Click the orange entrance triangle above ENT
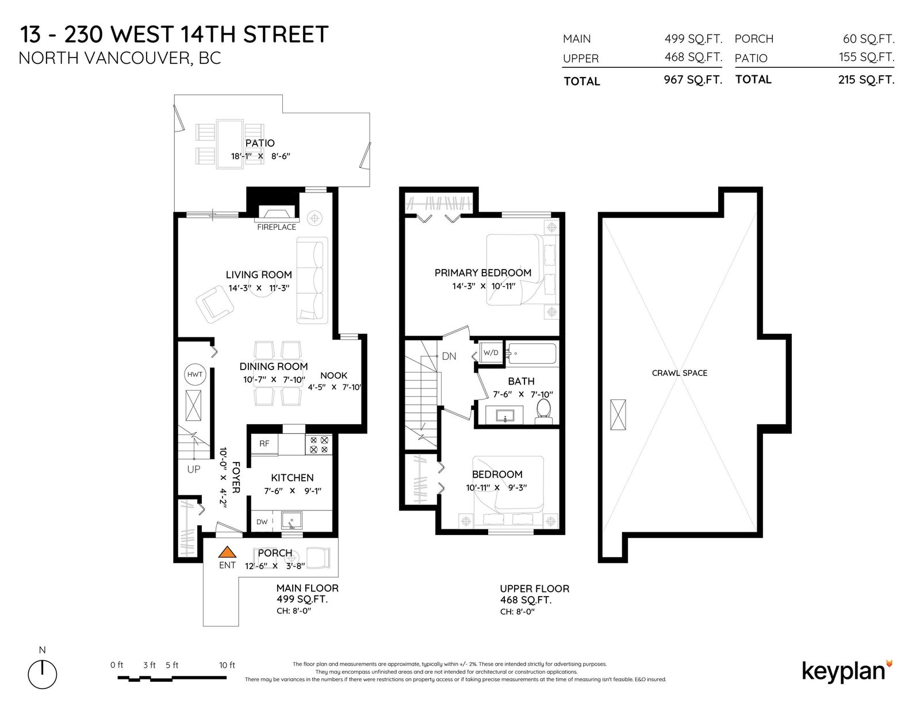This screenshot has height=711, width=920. [x=227, y=552]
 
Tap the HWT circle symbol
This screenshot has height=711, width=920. [x=195, y=375]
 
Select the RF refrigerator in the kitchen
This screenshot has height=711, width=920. [x=264, y=444]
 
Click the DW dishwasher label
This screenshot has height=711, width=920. [x=262, y=522]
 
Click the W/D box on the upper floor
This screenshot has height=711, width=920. [x=490, y=352]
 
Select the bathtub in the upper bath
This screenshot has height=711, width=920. [x=532, y=353]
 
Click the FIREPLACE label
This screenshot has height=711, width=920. [x=277, y=227]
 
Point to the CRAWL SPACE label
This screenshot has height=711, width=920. [x=680, y=373]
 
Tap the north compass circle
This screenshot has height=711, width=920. [x=43, y=675]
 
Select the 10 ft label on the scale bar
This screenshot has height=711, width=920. [x=227, y=665]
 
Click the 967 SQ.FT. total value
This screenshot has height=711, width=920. [x=693, y=79]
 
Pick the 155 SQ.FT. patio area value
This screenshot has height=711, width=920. [x=867, y=57]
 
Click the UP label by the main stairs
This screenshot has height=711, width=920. [x=194, y=470]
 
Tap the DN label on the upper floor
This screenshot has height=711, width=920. [x=448, y=356]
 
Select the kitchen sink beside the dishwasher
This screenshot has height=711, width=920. [x=292, y=521]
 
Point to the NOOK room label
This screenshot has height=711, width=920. [x=333, y=375]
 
